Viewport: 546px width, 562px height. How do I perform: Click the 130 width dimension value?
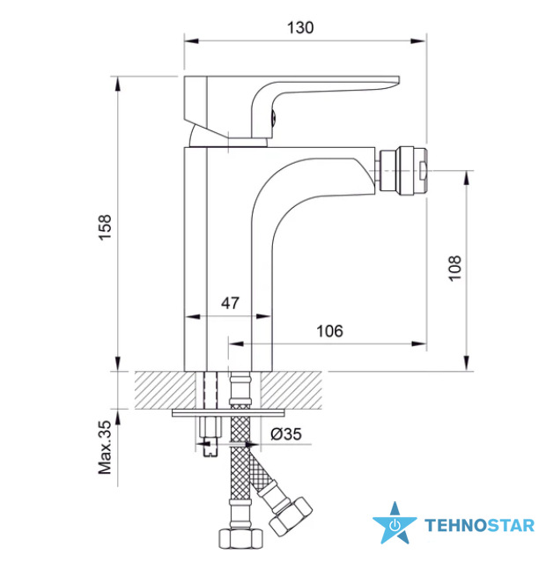click(300, 27)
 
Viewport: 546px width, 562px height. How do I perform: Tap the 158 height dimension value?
click(106, 227)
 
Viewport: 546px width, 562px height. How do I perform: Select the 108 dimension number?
click(455, 269)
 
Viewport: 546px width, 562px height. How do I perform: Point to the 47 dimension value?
click(230, 303)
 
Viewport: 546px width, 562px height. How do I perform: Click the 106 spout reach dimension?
click(329, 331)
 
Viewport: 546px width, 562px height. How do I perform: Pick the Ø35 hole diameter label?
click(286, 434)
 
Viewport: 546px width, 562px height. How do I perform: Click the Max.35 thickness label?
click(106, 447)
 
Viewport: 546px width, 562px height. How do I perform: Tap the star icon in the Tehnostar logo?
click(395, 522)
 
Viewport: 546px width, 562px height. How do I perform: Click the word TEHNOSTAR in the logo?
click(479, 525)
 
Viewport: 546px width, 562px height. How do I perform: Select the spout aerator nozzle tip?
click(403, 171)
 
